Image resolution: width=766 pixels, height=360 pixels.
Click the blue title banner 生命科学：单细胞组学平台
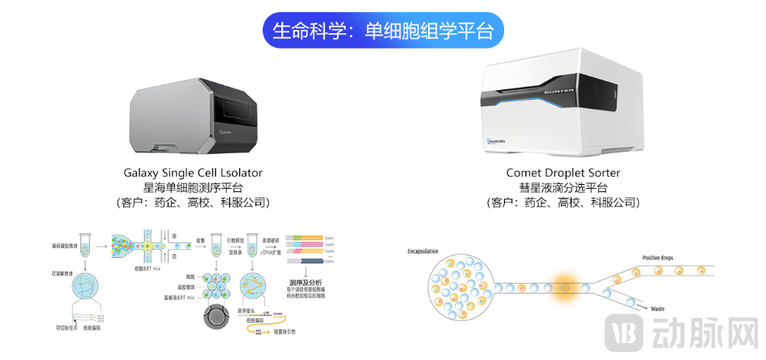383,32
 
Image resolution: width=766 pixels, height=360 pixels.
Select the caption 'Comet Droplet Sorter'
563,173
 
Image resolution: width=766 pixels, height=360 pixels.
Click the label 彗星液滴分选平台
563,187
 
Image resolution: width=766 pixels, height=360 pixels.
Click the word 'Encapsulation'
427,251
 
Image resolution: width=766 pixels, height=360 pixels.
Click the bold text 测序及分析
306,284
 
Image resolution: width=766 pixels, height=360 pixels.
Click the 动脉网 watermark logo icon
627,333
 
